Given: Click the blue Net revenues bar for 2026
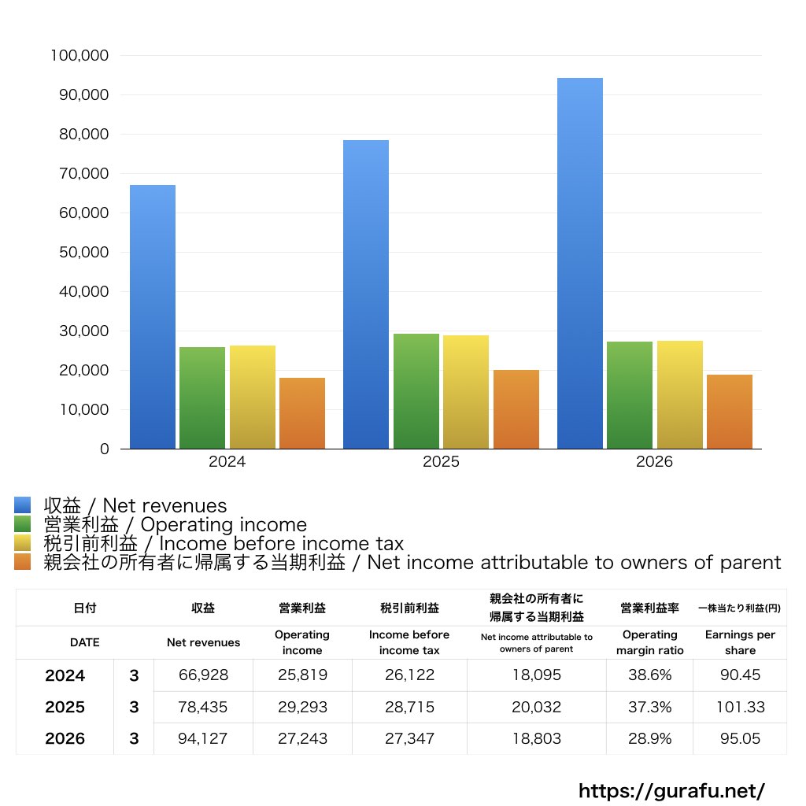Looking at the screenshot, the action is pos(580,263).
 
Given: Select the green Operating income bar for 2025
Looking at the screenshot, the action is pos(416,391).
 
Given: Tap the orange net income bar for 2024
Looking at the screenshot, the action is pos(302,413).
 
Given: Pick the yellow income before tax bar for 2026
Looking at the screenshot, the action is pos(679,395).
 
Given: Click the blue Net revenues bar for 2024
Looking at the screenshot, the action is pos(153,316).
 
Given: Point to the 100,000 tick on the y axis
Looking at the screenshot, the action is pos(79,56).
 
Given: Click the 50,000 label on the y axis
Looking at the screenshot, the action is pos(83,253).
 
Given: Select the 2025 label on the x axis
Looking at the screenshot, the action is pos(441,461).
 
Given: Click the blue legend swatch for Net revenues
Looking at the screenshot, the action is pos(23,505).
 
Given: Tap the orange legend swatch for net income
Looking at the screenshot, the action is pos(23,562).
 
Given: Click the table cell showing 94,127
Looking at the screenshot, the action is pos(202,738).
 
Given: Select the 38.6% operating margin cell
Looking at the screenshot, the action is pos(649,675).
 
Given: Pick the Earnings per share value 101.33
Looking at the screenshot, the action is pos(740,708).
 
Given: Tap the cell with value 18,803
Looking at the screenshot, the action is pos(537,738).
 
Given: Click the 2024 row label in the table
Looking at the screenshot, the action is pos(65,675).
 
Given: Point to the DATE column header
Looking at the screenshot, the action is pos(85,642).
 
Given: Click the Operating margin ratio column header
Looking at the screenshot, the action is pos(649,642).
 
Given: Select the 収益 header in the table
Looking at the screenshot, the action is pos(203,608).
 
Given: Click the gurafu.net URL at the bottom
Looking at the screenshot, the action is pos(672,790).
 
